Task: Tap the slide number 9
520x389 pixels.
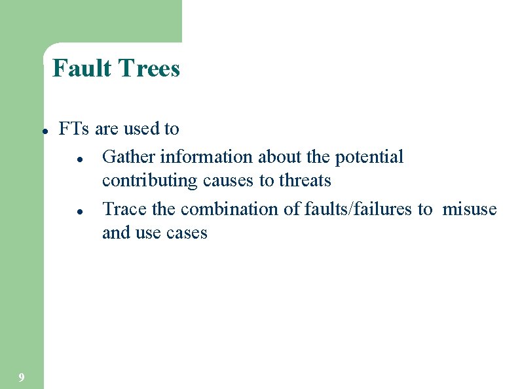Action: click(x=22, y=377)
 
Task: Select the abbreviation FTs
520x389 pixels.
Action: click(x=74, y=129)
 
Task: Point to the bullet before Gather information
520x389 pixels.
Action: click(x=78, y=159)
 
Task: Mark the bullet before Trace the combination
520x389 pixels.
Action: click(x=78, y=211)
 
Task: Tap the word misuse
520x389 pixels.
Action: click(x=470, y=209)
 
